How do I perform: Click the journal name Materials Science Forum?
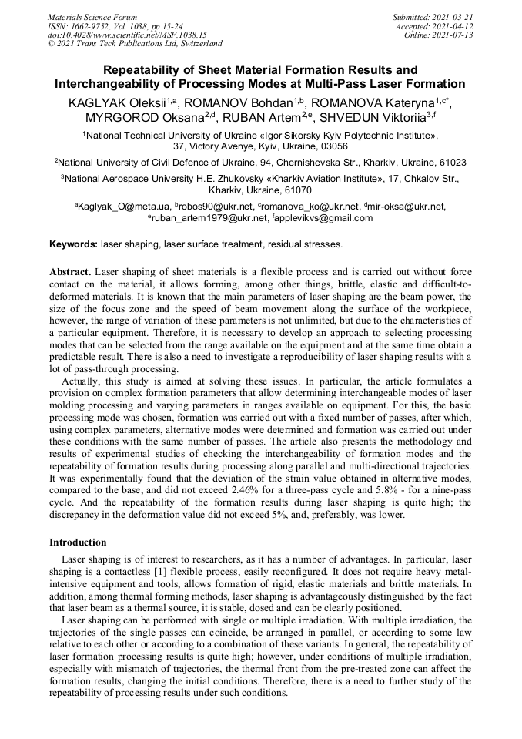click(92, 17)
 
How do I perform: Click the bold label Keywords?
click(73, 244)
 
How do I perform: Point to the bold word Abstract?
click(71, 273)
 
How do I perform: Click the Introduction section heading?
click(78, 542)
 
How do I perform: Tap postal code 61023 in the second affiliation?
click(450, 163)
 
